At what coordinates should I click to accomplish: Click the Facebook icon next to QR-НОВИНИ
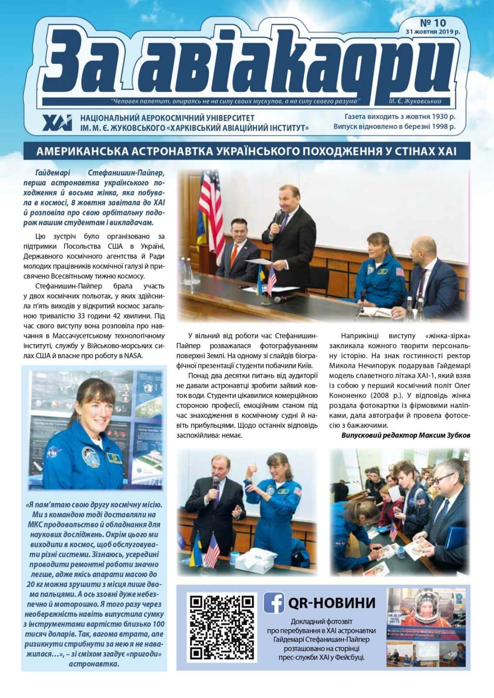(x=274, y=602)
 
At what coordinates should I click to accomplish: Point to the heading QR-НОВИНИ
(x=332, y=602)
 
